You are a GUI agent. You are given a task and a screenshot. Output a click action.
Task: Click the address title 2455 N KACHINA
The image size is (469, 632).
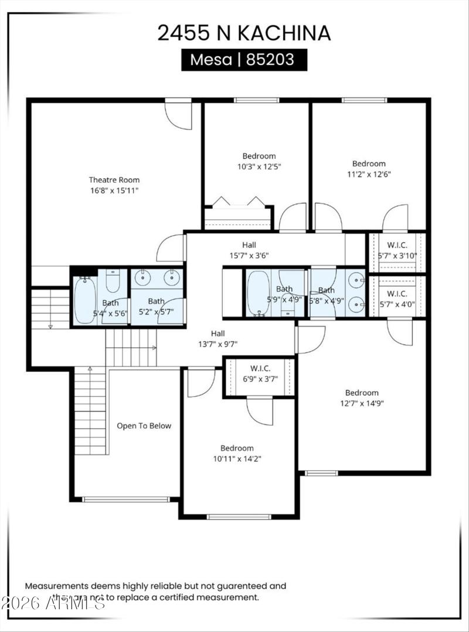pyautogui.click(x=243, y=33)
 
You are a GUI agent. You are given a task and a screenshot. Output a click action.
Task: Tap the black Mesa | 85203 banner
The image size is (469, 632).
pyautogui.click(x=244, y=60)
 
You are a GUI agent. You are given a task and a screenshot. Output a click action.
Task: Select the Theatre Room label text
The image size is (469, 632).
pyautogui.click(x=114, y=180)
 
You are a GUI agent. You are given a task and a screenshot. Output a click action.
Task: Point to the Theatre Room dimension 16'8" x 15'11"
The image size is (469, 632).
pyautogui.click(x=114, y=191)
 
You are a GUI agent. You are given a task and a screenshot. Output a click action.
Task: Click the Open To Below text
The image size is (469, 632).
pyautogui.click(x=144, y=426)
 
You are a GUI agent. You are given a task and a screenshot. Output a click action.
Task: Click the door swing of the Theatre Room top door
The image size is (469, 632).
pyautogui.click(x=179, y=117)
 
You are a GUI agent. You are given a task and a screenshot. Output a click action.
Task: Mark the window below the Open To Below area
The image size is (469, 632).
pyautogui.click(x=125, y=500)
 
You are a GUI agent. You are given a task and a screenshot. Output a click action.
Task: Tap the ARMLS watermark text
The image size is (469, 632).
pyautogui.click(x=53, y=602)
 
